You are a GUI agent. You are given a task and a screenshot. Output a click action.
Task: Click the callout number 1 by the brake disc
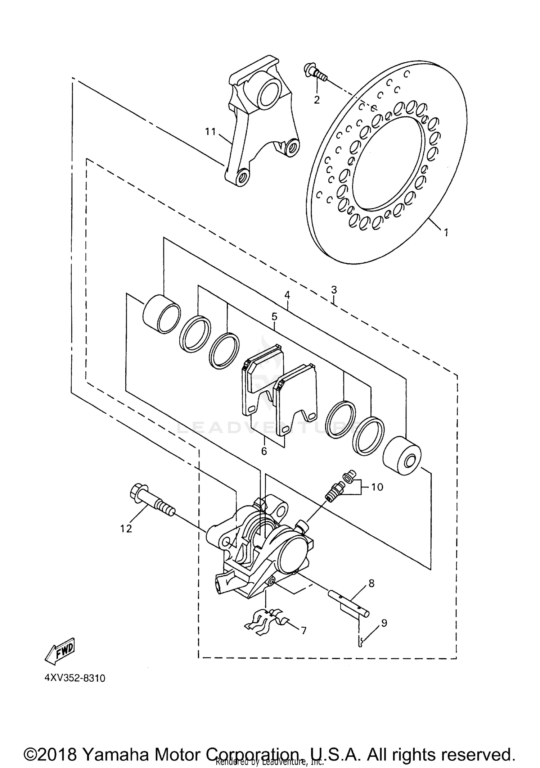tap(446, 233)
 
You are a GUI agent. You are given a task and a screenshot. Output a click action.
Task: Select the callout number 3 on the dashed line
tap(334, 289)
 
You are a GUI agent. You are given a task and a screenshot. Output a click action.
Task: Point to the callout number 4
tap(287, 295)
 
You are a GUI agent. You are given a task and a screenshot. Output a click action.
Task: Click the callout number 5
tap(274, 317)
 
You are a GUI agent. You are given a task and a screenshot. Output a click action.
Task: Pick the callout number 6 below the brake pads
tap(264, 451)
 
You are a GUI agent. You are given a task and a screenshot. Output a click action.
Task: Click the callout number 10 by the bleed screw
tap(377, 487)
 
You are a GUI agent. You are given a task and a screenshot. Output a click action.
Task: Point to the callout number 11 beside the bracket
tap(210, 132)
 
